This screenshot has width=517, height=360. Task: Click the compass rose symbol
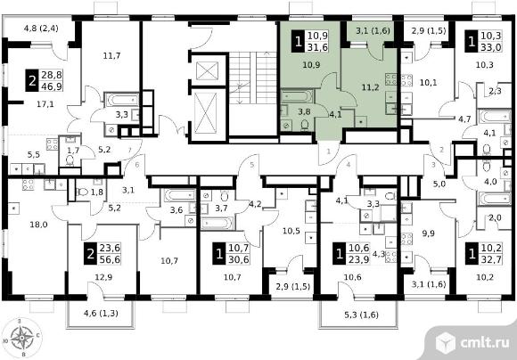(21, 338)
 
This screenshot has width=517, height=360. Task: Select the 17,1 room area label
(45, 104)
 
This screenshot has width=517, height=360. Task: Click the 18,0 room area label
(38, 225)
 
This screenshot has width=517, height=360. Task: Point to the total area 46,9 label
(52, 86)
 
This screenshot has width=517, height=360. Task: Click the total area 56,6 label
(110, 259)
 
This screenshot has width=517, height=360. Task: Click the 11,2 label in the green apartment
(370, 87)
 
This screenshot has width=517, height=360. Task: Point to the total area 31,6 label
(317, 47)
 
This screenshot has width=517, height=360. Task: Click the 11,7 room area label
(111, 56)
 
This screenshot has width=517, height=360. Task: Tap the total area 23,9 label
(359, 260)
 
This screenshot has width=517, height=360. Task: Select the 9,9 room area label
(428, 233)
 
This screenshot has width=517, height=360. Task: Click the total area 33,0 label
(491, 47)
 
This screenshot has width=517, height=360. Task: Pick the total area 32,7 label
(491, 259)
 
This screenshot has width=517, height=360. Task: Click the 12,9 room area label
(103, 277)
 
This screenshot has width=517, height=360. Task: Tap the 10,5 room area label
(291, 231)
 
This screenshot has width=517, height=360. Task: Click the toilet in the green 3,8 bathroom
(305, 125)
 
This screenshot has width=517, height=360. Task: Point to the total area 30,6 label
(239, 260)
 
